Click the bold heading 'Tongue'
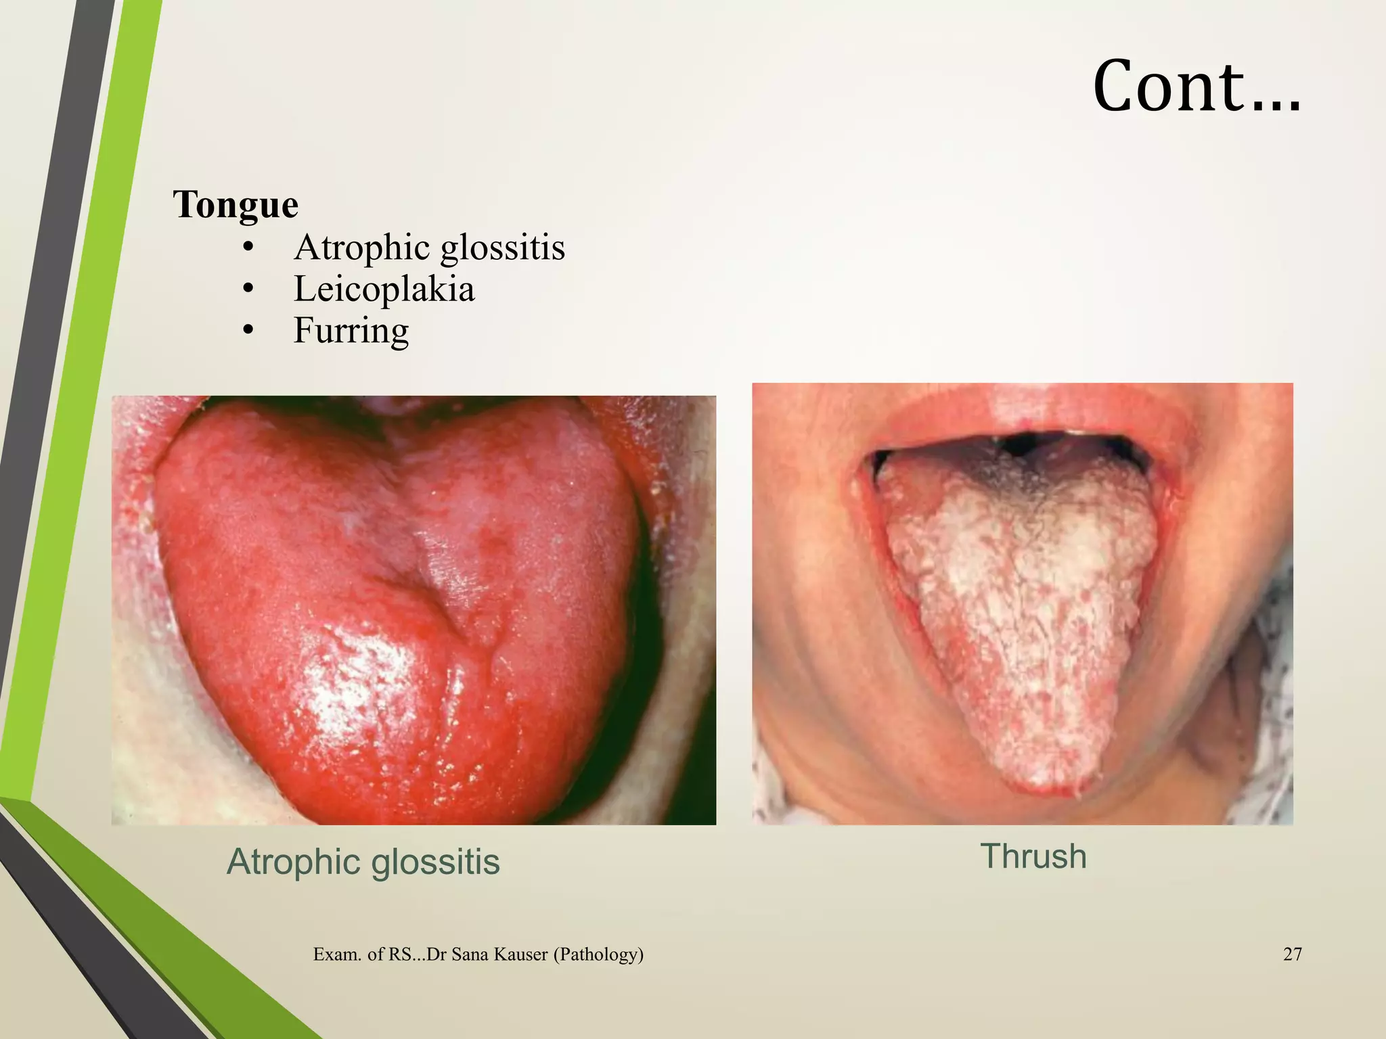[x=236, y=204]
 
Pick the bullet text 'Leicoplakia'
[x=384, y=290]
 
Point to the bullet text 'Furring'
[x=351, y=331]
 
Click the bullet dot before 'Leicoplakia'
[x=248, y=290]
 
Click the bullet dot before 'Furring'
[x=248, y=331]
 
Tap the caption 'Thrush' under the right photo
[x=1033, y=856]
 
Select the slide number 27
[x=1292, y=954]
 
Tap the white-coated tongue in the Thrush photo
[x=1022, y=609]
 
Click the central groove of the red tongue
[x=433, y=595]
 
